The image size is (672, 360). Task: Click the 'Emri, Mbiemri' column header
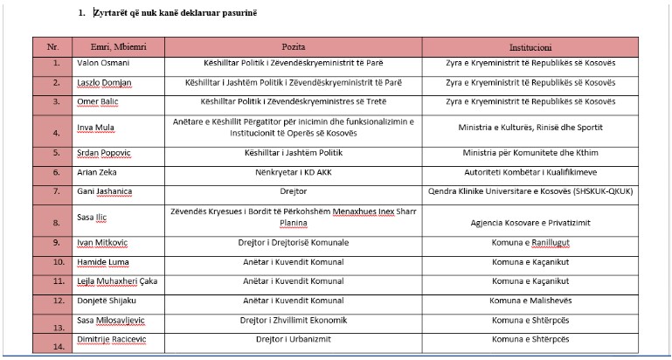[x=110, y=45]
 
